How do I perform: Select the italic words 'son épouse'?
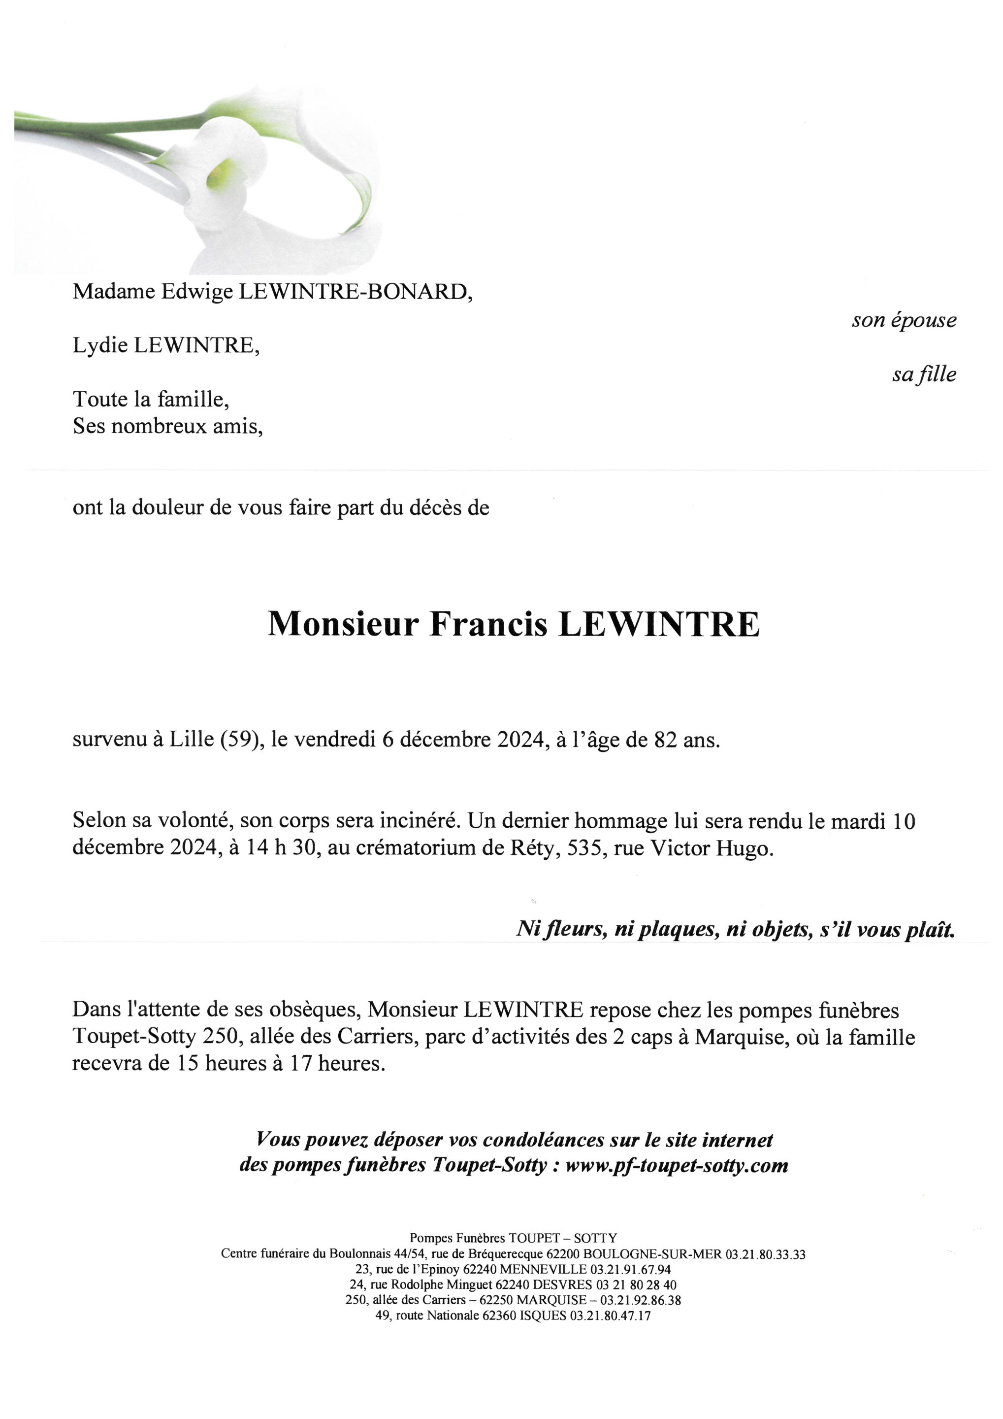pos(904,320)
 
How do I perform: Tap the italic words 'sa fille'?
pos(923,374)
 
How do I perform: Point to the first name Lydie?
pos(100,345)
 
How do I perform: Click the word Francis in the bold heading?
pos(488,624)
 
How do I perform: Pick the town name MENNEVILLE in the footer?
pos(544,1269)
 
